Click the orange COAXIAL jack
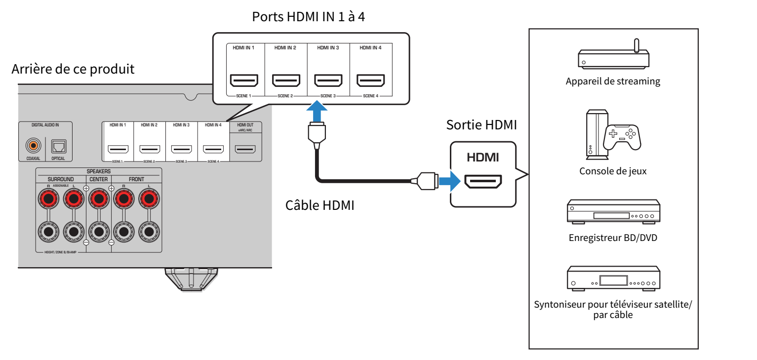point(33,146)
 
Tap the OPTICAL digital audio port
point(58,147)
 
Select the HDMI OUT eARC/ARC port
point(245,149)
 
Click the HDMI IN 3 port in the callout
point(328,80)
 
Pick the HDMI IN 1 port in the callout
point(244,80)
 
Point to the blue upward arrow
point(317,111)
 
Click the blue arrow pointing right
point(449,181)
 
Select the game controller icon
point(622,137)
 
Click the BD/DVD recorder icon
point(613,212)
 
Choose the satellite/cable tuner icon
point(613,278)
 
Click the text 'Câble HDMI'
point(319,205)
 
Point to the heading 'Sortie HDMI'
point(481,125)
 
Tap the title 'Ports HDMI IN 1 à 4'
point(308,17)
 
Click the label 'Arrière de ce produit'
point(73,69)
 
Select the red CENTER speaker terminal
point(99,199)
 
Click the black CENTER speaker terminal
point(99,232)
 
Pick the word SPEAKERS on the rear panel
point(99,171)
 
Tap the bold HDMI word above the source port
point(482,157)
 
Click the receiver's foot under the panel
point(191,279)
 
